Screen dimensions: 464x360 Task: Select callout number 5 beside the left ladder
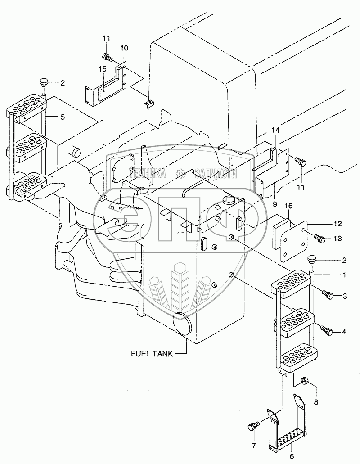click(63, 117)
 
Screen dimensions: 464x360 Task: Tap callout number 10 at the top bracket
click(124, 48)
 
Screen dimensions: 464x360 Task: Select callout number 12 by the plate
click(337, 223)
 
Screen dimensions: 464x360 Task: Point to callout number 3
click(344, 296)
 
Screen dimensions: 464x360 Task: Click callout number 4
click(344, 332)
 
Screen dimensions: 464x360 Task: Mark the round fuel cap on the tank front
click(183, 324)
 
